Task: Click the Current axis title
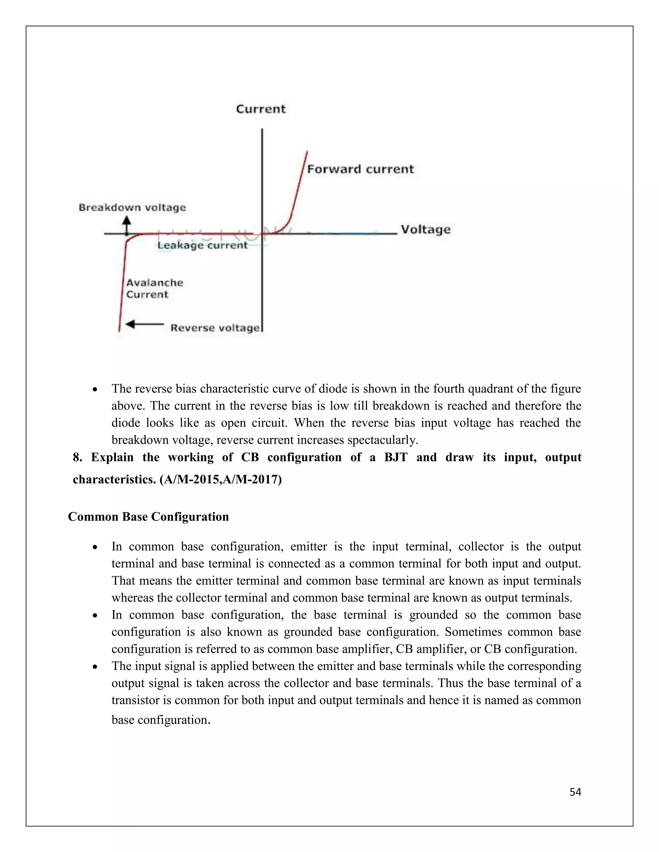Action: coord(261,109)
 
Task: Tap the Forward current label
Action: coord(360,169)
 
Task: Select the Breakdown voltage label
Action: coord(132,208)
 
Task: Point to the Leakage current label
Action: coord(202,245)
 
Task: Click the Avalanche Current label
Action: coord(154,289)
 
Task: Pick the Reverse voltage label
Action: coord(215,328)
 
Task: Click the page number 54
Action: coord(575,792)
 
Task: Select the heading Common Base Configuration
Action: coord(148,517)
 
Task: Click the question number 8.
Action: coord(77,457)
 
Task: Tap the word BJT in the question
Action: coord(396,457)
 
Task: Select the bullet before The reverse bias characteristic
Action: coord(95,390)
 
